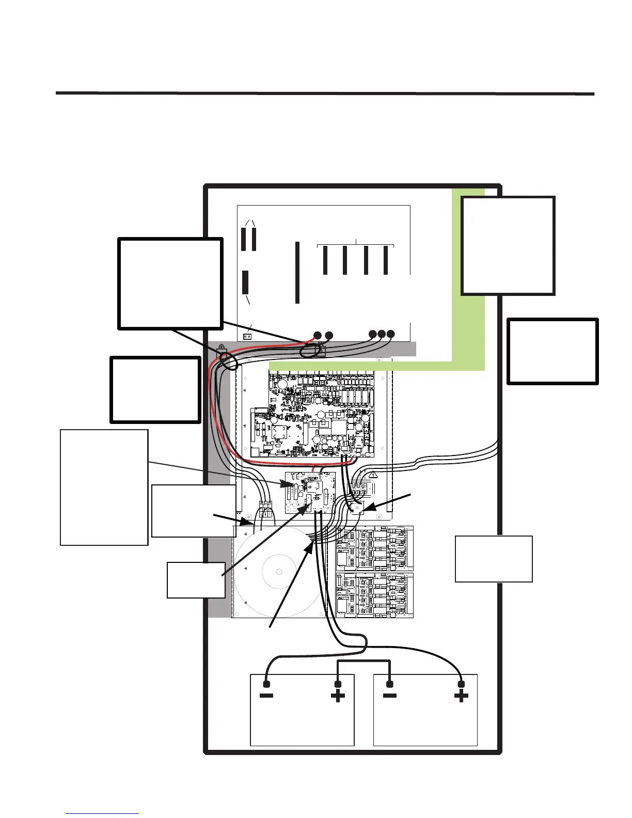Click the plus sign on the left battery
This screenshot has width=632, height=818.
pyautogui.click(x=338, y=696)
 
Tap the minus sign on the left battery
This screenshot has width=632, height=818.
pyautogui.click(x=266, y=696)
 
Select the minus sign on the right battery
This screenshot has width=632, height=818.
pyautogui.click(x=390, y=696)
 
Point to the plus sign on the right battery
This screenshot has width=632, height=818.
pyautogui.click(x=461, y=696)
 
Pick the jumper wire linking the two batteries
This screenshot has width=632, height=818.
pyautogui.click(x=364, y=661)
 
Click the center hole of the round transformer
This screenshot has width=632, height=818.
pyautogui.click(x=279, y=572)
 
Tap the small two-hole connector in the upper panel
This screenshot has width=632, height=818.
pyautogui.click(x=247, y=336)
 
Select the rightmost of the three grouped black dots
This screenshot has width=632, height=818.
pyautogui.click(x=390, y=334)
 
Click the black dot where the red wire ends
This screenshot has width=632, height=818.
pyautogui.click(x=317, y=336)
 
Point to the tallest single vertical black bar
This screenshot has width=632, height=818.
pyautogui.click(x=297, y=272)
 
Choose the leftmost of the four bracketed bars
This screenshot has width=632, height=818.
pyautogui.click(x=325, y=260)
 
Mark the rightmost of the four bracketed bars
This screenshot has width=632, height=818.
pyautogui.click(x=386, y=260)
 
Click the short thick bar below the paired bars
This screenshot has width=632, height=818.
pyautogui.click(x=245, y=282)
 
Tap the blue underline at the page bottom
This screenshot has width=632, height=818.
pyautogui.click(x=102, y=813)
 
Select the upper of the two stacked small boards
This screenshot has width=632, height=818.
pyautogui.click(x=374, y=548)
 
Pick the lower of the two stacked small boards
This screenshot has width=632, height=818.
pyautogui.click(x=374, y=595)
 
